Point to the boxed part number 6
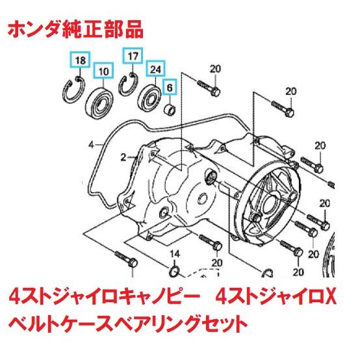pyautogui.click(x=170, y=84)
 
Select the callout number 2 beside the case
pyautogui.click(x=122, y=157)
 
